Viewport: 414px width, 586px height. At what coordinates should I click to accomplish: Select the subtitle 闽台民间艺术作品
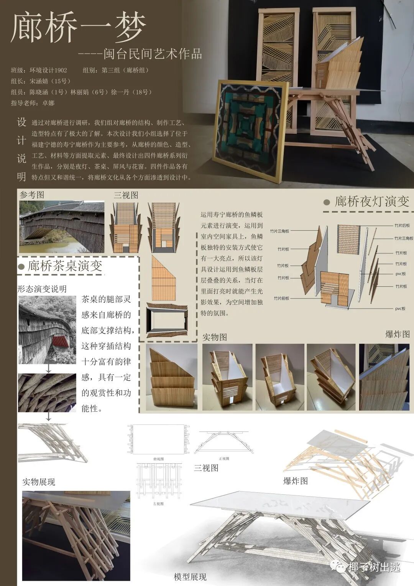click(x=153, y=54)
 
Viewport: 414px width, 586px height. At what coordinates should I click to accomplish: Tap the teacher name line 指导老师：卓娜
click(x=33, y=103)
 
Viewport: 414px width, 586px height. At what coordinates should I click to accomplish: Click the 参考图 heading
click(x=32, y=195)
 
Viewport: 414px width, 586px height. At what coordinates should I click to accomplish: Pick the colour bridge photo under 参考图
click(x=62, y=227)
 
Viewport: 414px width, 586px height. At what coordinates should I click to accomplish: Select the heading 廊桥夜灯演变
click(x=371, y=201)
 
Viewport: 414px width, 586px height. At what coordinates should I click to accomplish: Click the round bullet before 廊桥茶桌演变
click(x=21, y=267)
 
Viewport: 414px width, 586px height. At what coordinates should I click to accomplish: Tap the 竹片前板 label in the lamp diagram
click(x=281, y=298)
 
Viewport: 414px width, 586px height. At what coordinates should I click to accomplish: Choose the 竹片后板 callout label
click(x=402, y=225)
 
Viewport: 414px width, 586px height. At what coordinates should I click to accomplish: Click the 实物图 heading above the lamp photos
click(x=215, y=337)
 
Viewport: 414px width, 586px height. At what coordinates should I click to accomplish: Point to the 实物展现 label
click(x=38, y=482)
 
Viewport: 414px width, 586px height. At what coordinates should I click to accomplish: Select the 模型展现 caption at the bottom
click(x=190, y=577)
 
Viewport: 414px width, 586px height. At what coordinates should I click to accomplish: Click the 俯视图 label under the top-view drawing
click(x=158, y=459)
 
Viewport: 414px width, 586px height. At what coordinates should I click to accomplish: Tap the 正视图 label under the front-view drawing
click(x=224, y=459)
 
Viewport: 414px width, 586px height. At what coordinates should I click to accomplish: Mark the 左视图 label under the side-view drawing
click(x=158, y=504)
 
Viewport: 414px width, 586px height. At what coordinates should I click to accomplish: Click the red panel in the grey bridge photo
click(x=60, y=341)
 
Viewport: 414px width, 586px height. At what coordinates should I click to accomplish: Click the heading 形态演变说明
click(x=42, y=289)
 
